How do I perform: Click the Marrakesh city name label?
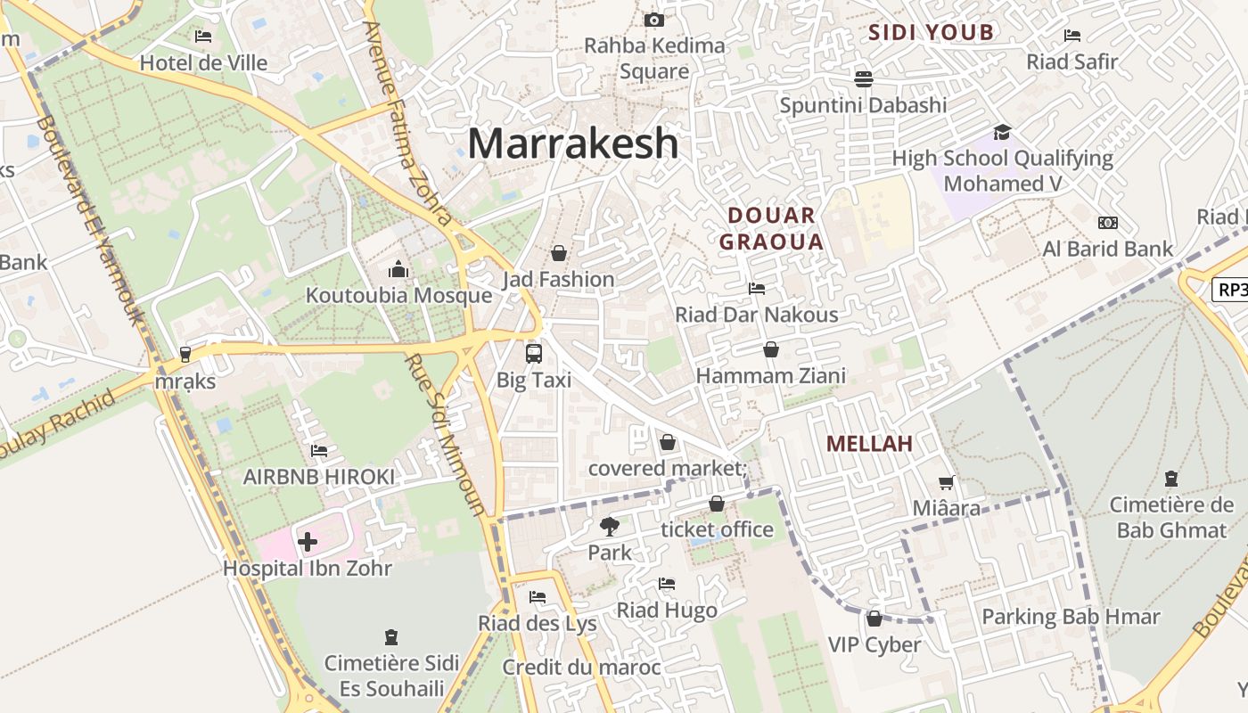(x=572, y=143)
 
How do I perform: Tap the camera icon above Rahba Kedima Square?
(x=653, y=20)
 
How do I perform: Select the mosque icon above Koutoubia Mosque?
(x=398, y=268)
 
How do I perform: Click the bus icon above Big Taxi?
(x=533, y=353)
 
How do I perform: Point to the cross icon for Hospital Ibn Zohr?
(x=308, y=541)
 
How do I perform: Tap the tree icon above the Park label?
(x=610, y=526)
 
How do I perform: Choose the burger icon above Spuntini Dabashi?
(x=863, y=78)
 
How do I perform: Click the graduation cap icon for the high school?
(x=1002, y=132)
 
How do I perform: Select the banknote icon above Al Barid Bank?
(x=1108, y=222)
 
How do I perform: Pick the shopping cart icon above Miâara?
(x=946, y=482)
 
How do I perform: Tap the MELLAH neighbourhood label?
(x=869, y=444)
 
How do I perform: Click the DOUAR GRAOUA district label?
(x=771, y=228)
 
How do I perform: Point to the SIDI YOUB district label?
(x=931, y=33)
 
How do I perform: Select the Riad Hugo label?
(x=667, y=611)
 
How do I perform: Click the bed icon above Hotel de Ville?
(x=203, y=37)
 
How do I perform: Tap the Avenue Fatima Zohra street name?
(x=407, y=125)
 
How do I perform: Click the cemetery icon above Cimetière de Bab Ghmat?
(x=1170, y=479)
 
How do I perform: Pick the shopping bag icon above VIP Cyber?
(x=874, y=618)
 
